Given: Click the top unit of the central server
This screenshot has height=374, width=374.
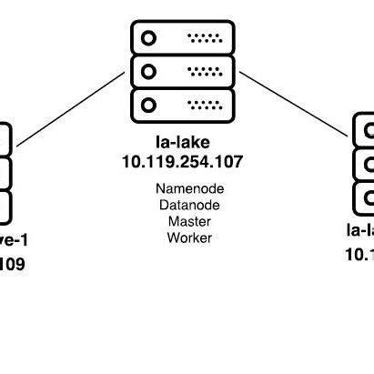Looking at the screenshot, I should [x=182, y=37].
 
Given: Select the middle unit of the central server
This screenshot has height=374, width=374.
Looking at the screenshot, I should [x=182, y=69].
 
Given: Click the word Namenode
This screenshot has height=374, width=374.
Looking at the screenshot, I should [x=189, y=189].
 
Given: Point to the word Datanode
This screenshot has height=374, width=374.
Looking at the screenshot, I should [x=189, y=206].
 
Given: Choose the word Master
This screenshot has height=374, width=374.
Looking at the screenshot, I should [x=189, y=222].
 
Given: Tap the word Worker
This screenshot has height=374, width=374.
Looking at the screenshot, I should [x=189, y=238].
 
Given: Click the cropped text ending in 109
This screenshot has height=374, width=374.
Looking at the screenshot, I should [x=13, y=265].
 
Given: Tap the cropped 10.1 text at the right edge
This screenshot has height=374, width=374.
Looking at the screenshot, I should [x=359, y=254].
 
